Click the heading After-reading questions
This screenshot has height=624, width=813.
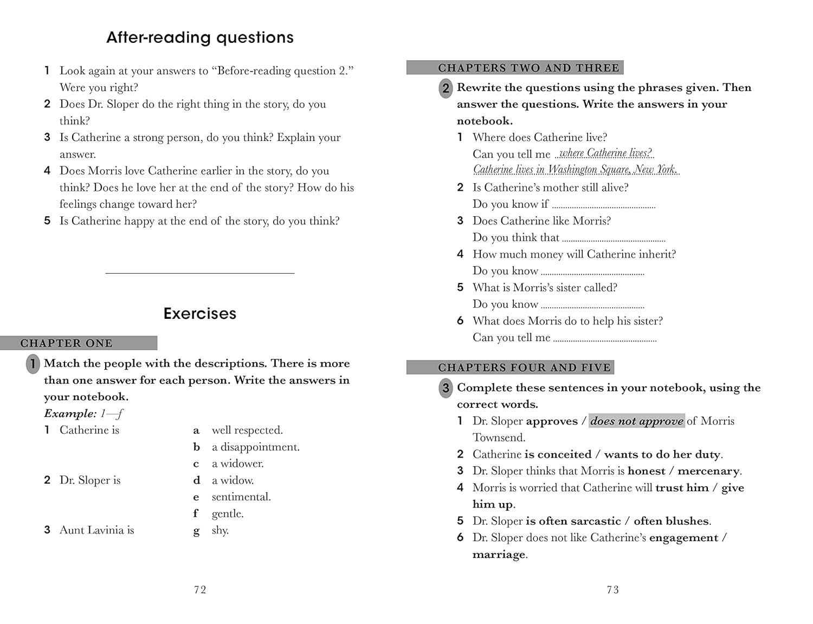(x=199, y=37)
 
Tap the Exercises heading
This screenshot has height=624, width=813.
(x=199, y=313)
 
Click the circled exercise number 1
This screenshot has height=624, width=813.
(x=33, y=364)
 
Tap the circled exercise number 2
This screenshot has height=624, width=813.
(x=446, y=88)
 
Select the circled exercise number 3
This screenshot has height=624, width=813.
(x=446, y=388)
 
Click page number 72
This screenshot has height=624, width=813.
(x=200, y=590)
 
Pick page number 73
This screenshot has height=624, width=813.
(x=612, y=590)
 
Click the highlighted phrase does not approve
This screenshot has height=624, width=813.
(x=636, y=421)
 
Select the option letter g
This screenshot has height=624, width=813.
(x=196, y=531)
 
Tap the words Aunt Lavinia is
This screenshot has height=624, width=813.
(x=96, y=530)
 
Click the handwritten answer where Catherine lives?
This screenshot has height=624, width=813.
(x=605, y=153)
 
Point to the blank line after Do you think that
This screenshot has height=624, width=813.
(x=614, y=239)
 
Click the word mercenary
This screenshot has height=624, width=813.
(x=708, y=471)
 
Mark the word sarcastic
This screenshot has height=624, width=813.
(x=594, y=521)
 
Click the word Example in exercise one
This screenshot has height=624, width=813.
(x=70, y=414)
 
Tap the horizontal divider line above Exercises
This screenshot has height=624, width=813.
(x=199, y=273)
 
